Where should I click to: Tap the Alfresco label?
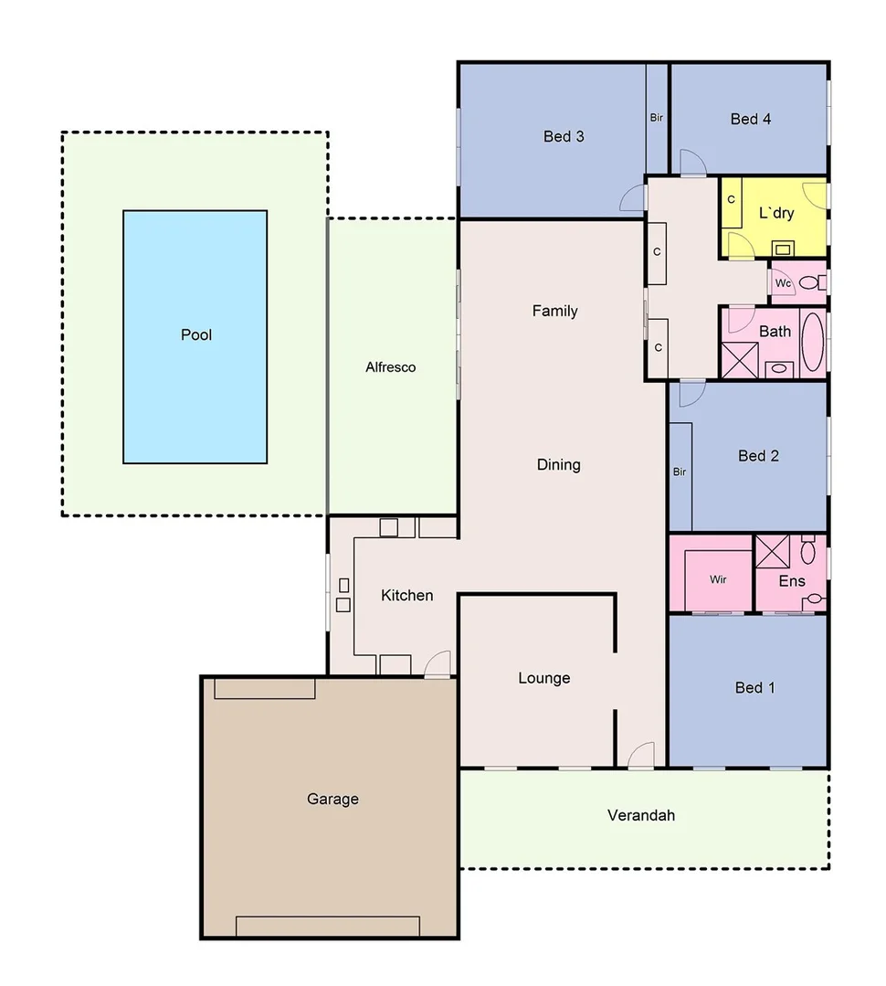pyautogui.click(x=390, y=367)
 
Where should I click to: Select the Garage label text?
pyautogui.click(x=332, y=800)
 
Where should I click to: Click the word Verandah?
pyautogui.click(x=640, y=815)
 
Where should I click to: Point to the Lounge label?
pyautogui.click(x=543, y=678)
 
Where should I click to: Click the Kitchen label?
pyautogui.click(x=406, y=596)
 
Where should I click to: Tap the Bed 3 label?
pyautogui.click(x=564, y=137)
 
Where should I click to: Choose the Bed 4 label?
pyautogui.click(x=750, y=119)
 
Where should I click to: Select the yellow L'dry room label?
pyautogui.click(x=776, y=214)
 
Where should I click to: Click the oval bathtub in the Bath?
pyautogui.click(x=812, y=342)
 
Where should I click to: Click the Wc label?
pyautogui.click(x=783, y=283)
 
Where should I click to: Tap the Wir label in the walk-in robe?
pyautogui.click(x=718, y=579)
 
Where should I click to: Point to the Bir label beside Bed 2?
pyautogui.click(x=679, y=472)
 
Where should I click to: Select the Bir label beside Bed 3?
pyautogui.click(x=656, y=118)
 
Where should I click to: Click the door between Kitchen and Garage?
pyautogui.click(x=438, y=665)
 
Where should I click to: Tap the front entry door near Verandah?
pyautogui.click(x=641, y=757)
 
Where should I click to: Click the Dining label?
pyautogui.click(x=558, y=465)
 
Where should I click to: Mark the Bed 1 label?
pyautogui.click(x=754, y=688)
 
